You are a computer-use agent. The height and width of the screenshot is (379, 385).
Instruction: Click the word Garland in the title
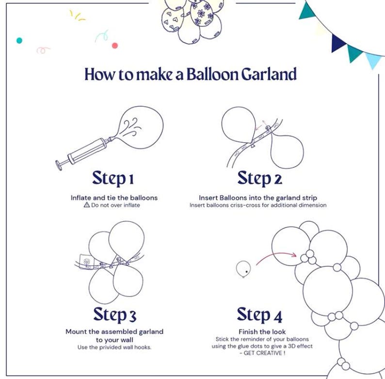pos(269,74)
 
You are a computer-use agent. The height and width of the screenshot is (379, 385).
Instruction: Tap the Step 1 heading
pos(113,178)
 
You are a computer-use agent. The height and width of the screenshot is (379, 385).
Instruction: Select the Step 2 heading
pos(259,178)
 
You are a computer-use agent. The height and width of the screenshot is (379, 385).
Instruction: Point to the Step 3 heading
pos(114,314)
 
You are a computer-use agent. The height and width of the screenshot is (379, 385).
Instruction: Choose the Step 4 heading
pos(259,314)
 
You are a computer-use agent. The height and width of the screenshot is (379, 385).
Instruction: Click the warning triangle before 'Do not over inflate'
pos(87,205)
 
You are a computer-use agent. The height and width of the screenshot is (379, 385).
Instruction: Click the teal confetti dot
pos(19,41)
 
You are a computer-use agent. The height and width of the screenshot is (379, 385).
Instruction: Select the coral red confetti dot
pos(114,46)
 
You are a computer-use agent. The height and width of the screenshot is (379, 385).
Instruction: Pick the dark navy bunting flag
pos(337,43)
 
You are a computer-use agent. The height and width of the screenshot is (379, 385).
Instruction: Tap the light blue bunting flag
pos(373,60)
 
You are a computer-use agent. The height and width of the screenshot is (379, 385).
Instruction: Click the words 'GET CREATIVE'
pos(263,353)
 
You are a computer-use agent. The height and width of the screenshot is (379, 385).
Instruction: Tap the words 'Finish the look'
pos(262,331)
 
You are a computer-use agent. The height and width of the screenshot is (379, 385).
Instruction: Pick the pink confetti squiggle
pos(43,50)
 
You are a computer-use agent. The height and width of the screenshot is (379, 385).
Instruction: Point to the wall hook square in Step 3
pos(87,262)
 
